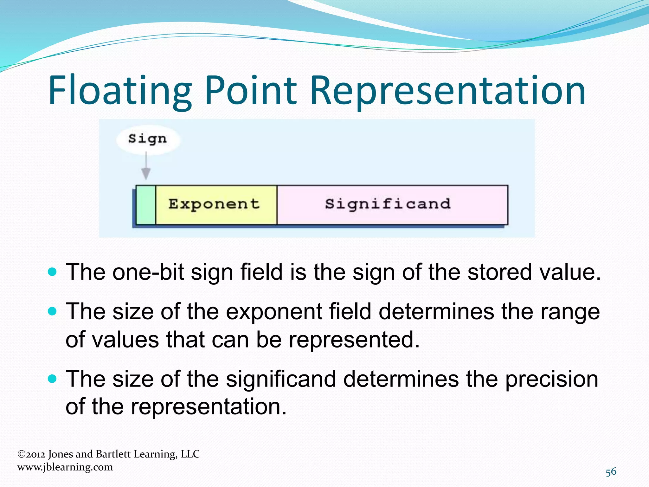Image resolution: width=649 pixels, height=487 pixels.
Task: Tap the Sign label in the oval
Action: coord(147,139)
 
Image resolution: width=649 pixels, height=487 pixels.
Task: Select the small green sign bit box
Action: coord(146,205)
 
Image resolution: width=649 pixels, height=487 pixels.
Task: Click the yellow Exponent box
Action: coord(216,205)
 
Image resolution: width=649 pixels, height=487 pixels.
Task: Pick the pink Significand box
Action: coord(392,205)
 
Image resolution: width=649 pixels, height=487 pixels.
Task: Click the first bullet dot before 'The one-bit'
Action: coord(52,272)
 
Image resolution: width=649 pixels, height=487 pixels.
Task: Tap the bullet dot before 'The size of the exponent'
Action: coord(52,311)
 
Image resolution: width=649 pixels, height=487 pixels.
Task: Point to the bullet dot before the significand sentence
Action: coord(52,379)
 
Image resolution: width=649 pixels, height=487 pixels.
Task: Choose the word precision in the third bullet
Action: coord(551,379)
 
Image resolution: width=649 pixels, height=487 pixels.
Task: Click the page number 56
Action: coord(611,472)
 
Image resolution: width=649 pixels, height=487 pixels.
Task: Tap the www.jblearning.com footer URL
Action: coord(65,467)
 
